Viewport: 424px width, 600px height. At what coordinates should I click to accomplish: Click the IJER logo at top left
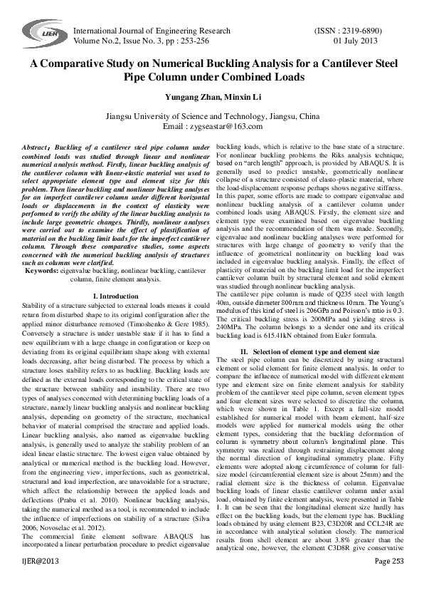[x=41, y=33]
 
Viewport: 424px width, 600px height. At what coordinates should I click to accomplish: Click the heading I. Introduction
[x=116, y=295]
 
